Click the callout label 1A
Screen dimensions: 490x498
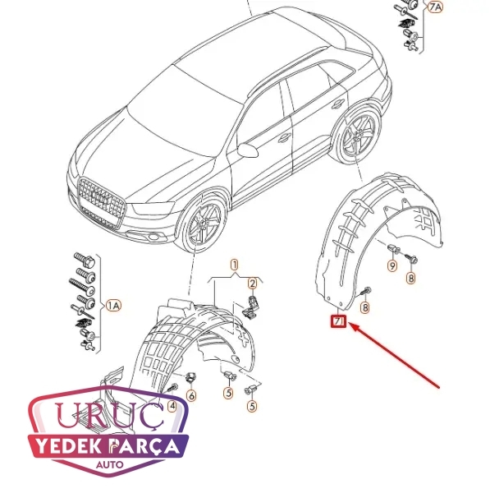(113, 306)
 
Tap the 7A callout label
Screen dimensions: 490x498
(435, 7)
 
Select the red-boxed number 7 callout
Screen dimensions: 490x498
(339, 321)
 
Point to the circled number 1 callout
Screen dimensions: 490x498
(235, 265)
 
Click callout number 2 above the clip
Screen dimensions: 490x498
(253, 284)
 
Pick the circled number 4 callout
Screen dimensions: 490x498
(172, 406)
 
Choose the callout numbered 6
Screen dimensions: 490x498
(191, 396)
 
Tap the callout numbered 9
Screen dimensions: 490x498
(392, 265)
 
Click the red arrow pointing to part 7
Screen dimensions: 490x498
(394, 355)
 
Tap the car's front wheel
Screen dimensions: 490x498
(202, 224)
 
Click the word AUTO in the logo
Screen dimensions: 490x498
(110, 464)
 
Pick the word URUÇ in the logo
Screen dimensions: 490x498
(110, 415)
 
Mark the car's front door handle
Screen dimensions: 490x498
(285, 138)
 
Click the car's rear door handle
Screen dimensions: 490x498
(337, 104)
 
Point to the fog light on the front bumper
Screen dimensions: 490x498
(153, 237)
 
